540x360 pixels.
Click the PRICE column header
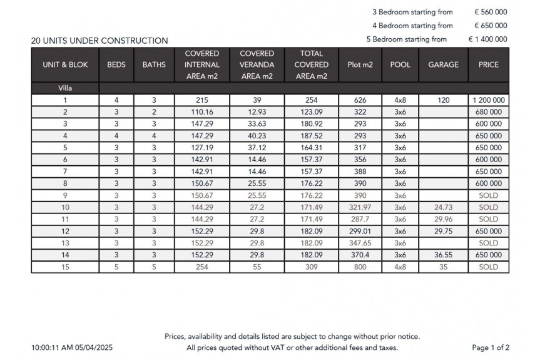click(488, 64)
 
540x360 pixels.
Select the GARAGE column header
click(443, 64)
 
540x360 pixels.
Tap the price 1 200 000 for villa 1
click(488, 100)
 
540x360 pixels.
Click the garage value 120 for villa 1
click(443, 100)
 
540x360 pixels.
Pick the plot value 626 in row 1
click(360, 100)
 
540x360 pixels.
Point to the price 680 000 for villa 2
click(488, 112)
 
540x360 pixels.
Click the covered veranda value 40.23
click(257, 136)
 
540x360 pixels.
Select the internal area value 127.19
click(202, 148)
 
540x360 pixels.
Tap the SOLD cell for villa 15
click(488, 267)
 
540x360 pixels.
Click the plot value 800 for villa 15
click(360, 267)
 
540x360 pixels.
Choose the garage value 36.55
click(443, 255)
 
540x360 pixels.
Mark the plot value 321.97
click(360, 207)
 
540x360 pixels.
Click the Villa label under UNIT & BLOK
click(65, 88)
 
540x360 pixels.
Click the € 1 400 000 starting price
click(487, 39)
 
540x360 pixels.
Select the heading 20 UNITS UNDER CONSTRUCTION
click(99, 41)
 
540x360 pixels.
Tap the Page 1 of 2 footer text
click(491, 347)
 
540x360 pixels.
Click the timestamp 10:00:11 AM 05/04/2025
click(72, 347)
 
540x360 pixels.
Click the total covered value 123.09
click(311, 112)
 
